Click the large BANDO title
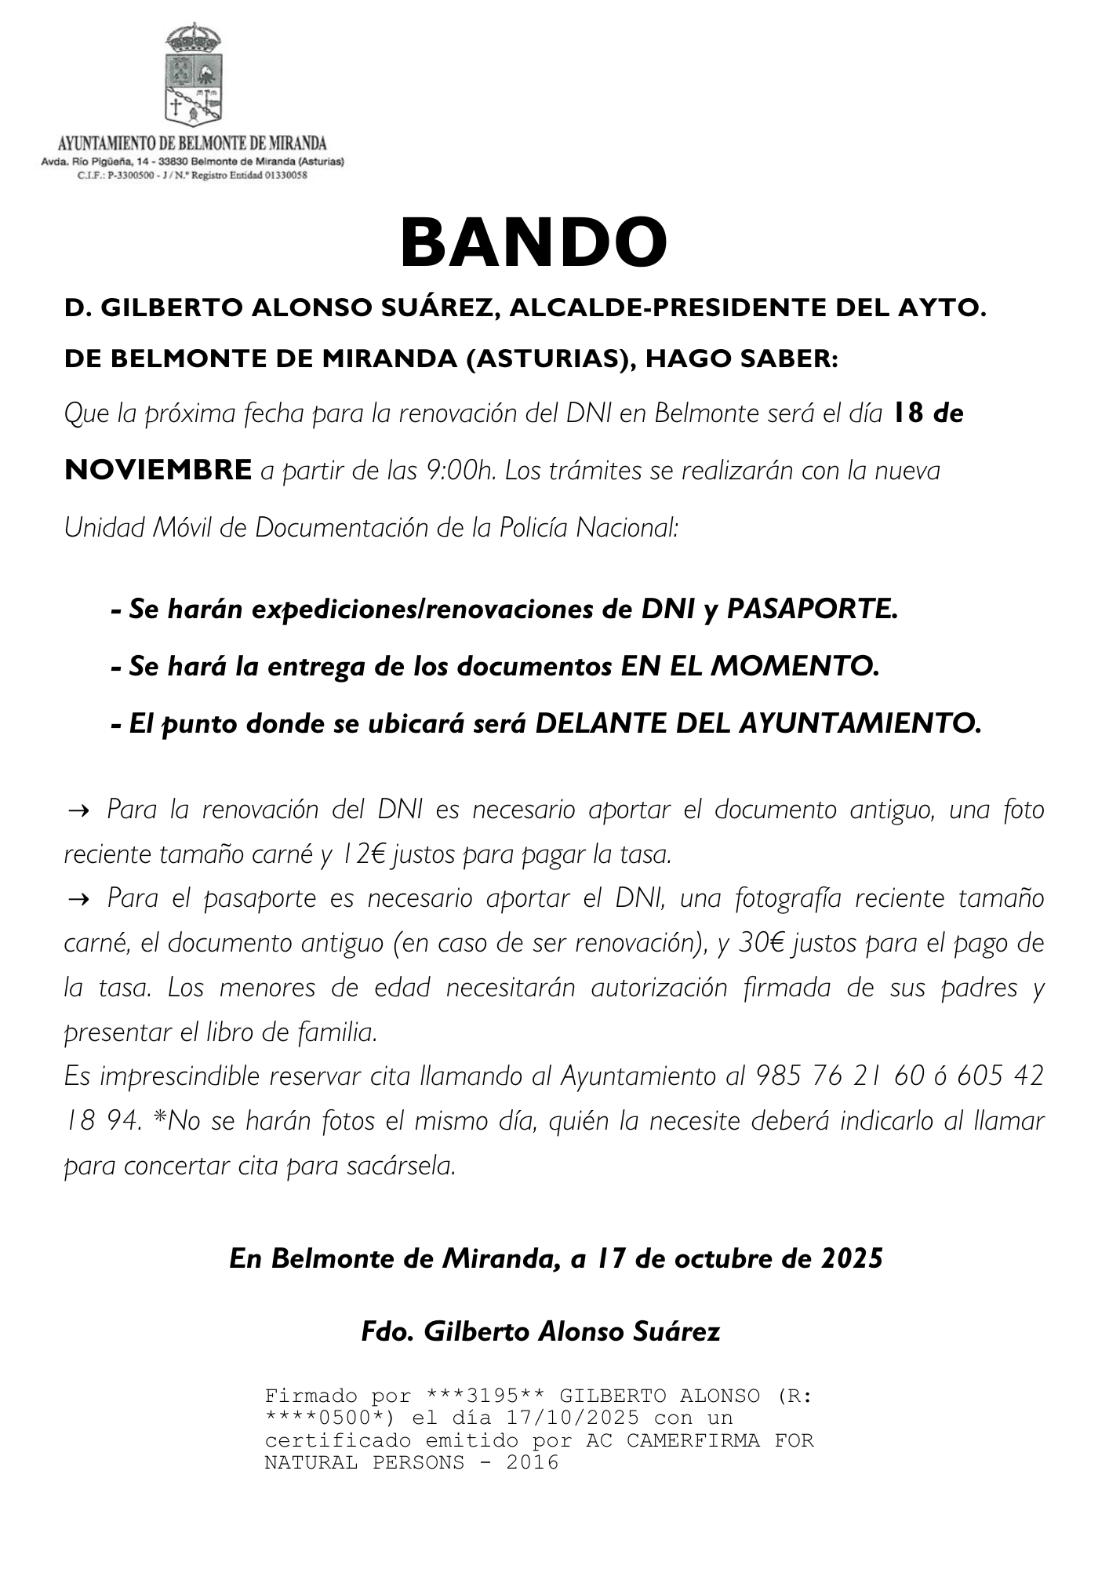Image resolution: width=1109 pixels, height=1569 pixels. [533, 243]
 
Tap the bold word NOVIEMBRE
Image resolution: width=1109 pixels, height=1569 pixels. [158, 470]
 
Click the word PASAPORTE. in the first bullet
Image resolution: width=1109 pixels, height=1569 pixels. [812, 609]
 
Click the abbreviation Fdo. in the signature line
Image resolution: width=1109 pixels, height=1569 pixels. [387, 1331]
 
